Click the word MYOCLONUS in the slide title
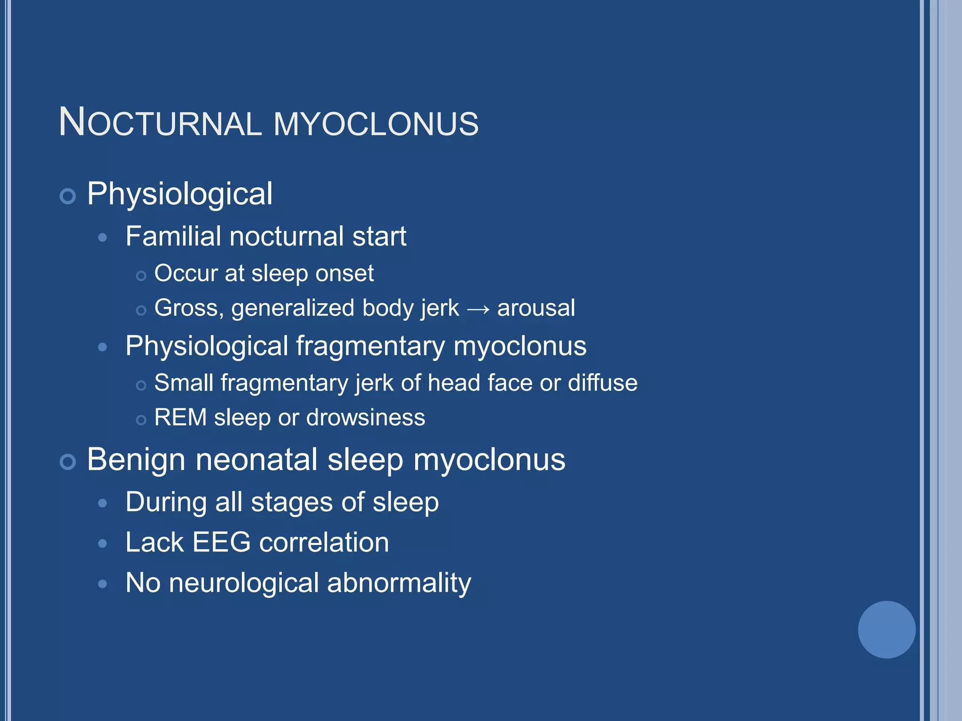[x=376, y=124]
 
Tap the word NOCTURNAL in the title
[x=160, y=123]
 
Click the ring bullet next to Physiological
[x=68, y=196]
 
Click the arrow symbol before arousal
[x=478, y=309]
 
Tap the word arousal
[x=536, y=308]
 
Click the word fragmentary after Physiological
[x=370, y=346]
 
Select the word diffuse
[x=603, y=383]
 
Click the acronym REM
[x=180, y=417]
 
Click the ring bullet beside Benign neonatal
[x=68, y=461]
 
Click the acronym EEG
[x=221, y=543]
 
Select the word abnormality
[x=399, y=583]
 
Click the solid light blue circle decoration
[x=886, y=629]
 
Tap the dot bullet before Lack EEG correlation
[x=102, y=544]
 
